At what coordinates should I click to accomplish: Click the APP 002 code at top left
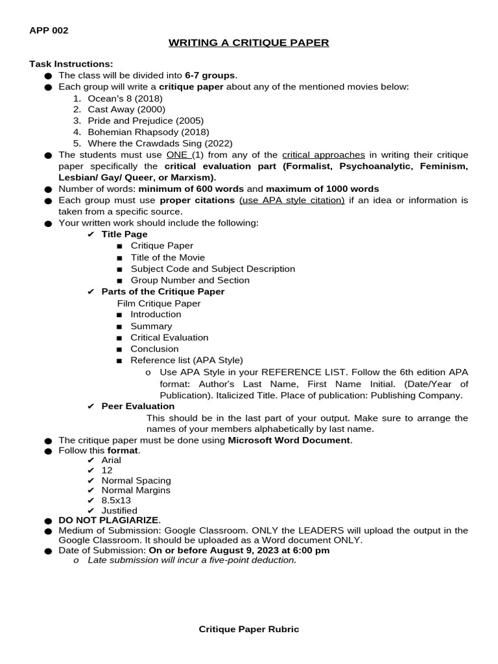coord(49,30)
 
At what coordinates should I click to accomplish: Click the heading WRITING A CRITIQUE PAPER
coord(249,43)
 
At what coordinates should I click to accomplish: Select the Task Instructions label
coord(71,64)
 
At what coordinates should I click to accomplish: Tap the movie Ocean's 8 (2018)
coord(125,98)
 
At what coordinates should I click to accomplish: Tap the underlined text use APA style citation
coord(292,200)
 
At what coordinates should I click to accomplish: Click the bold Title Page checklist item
coord(124,234)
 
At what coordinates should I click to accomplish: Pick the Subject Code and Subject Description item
coord(213,268)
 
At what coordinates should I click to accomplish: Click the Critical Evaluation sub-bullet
coord(169,337)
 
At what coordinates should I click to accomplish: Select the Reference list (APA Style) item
coord(187,360)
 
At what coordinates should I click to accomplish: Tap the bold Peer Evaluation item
coord(138,406)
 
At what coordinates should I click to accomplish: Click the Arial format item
coord(112,460)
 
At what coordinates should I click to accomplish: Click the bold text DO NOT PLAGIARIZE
coord(108,520)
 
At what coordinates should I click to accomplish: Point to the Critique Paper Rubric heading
coord(249,629)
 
